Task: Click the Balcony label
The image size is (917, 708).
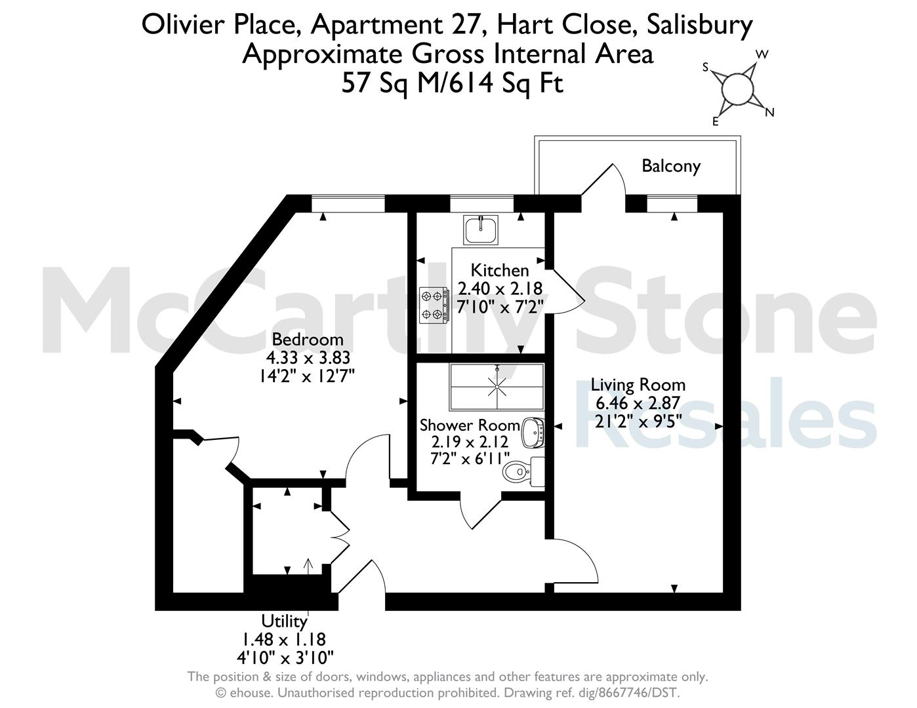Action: [x=671, y=166]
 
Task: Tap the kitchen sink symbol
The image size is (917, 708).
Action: [x=480, y=230]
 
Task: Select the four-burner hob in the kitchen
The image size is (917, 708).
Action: [x=434, y=305]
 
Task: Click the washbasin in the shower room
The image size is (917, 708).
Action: [x=533, y=433]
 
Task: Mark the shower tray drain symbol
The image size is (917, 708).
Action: [x=497, y=386]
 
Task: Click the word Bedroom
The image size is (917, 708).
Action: [x=307, y=340]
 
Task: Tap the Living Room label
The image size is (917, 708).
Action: [x=638, y=385]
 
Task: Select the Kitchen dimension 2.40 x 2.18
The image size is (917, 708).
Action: [x=500, y=289]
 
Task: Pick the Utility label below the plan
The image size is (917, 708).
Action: [x=284, y=621]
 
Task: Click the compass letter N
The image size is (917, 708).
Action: [x=769, y=112]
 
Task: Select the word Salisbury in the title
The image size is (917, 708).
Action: [x=700, y=26]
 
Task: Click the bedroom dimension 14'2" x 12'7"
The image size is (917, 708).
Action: [x=306, y=375]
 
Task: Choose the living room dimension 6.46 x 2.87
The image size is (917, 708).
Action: [x=638, y=403]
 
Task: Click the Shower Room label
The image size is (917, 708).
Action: [x=470, y=425]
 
